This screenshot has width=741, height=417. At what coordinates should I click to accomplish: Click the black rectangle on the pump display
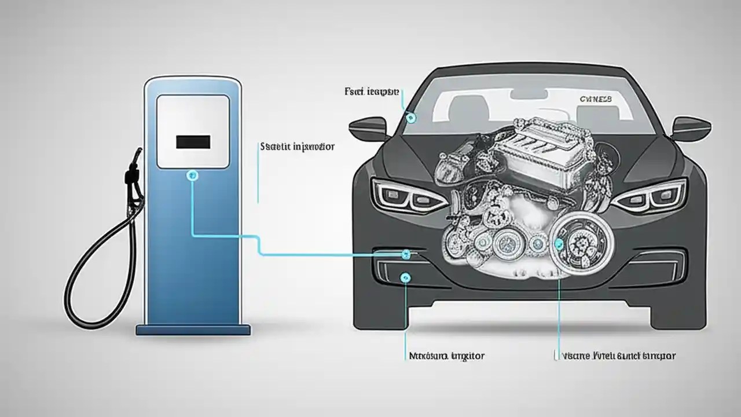pyautogui.click(x=193, y=141)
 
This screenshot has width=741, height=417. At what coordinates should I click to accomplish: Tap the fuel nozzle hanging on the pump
pyautogui.click(x=135, y=174)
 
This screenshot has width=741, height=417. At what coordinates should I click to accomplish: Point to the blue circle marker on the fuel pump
pyautogui.click(x=193, y=174)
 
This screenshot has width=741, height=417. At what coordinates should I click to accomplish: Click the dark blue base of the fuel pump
pyautogui.click(x=193, y=330)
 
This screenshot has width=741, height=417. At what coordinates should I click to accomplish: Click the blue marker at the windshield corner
pyautogui.click(x=411, y=118)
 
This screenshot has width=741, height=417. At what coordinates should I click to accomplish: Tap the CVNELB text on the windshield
pyautogui.click(x=596, y=100)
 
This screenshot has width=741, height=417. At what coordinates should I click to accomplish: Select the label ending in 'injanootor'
pyautogui.click(x=298, y=147)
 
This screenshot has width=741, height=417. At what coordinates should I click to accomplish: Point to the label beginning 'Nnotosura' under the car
pyautogui.click(x=443, y=356)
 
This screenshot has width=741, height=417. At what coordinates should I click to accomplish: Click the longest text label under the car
pyautogui.click(x=615, y=356)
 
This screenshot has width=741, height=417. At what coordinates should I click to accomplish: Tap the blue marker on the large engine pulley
pyautogui.click(x=559, y=244)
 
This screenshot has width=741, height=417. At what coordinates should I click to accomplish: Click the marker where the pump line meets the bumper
pyautogui.click(x=406, y=253)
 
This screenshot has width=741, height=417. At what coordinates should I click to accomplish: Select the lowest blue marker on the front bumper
pyautogui.click(x=405, y=278)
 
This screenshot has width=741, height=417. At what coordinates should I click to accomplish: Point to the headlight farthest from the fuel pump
pyautogui.click(x=651, y=195)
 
